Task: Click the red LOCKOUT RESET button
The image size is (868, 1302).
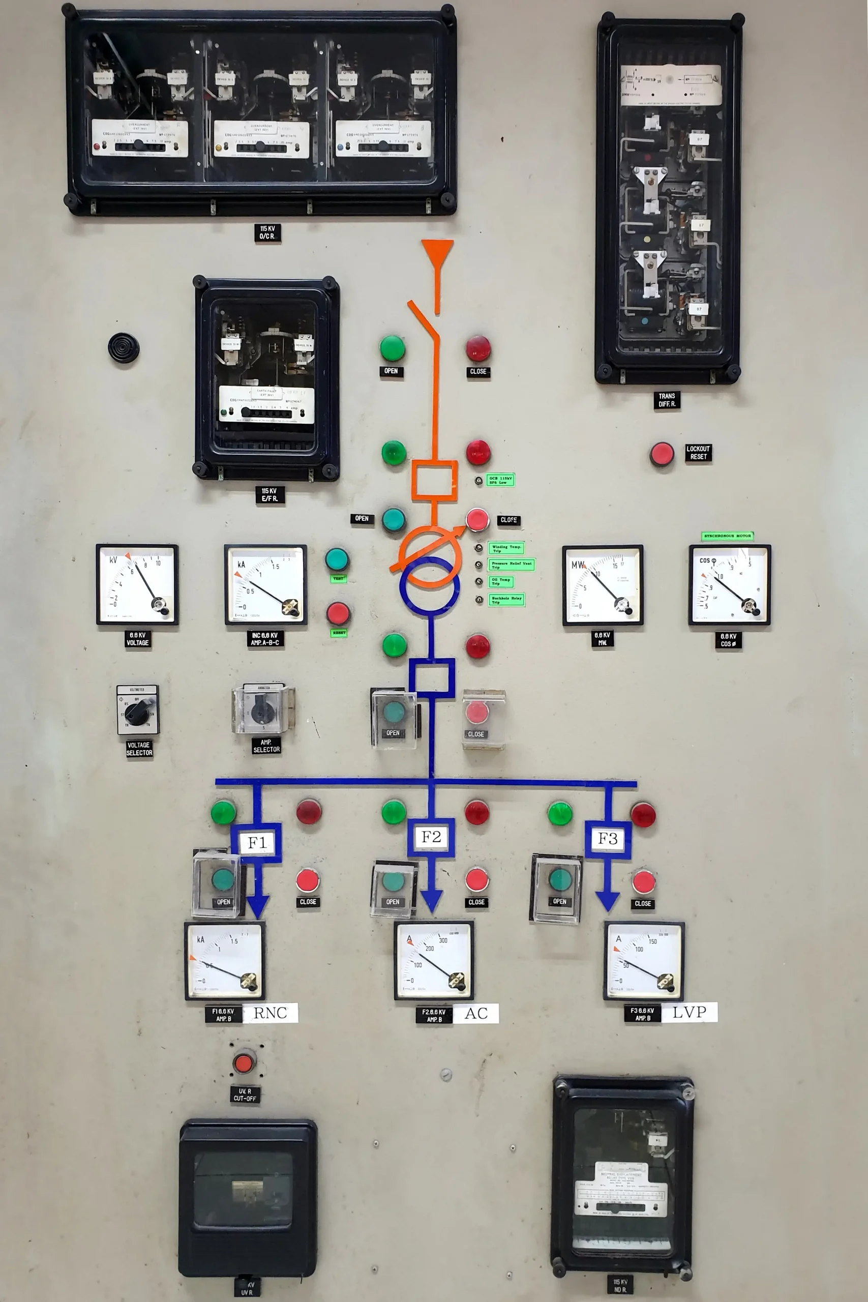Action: pos(662,454)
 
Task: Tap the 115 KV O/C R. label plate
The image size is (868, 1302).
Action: pos(267,232)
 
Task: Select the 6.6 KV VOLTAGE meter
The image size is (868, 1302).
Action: pos(137,584)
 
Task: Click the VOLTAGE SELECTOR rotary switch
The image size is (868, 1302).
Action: pos(137,710)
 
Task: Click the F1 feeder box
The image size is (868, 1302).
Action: pos(257,843)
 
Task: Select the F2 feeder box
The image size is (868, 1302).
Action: pos(431,837)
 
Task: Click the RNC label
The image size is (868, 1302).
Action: pos(270,1013)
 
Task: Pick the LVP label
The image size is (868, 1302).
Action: pos(689,1013)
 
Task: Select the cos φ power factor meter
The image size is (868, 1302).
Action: pos(730,584)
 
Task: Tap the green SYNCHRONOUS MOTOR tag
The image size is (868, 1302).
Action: pos(727,536)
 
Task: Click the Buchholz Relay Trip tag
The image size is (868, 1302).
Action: pos(506,600)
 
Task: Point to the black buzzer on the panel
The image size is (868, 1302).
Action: pos(124,348)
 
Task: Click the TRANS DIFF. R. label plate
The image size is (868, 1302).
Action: pos(667,400)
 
